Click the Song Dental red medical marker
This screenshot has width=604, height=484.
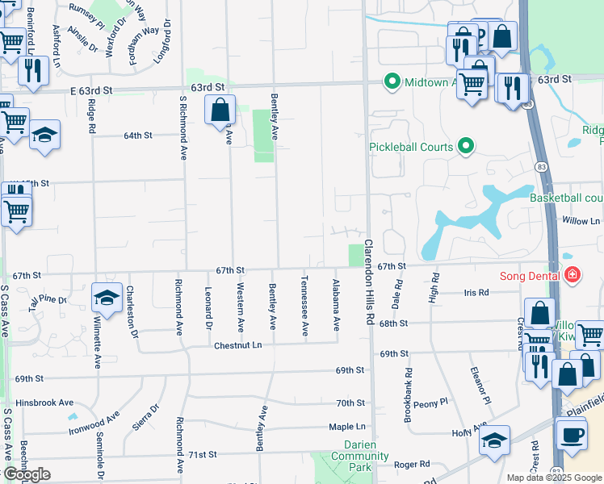tap(573, 275)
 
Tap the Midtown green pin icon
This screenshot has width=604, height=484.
tap(392, 81)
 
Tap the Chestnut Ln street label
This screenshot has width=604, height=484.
tap(238, 345)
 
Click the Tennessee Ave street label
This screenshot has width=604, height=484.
tap(304, 307)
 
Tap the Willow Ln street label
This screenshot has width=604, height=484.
tap(581, 220)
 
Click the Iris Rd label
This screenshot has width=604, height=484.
tap(476, 293)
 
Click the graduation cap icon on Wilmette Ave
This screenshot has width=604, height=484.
tap(107, 298)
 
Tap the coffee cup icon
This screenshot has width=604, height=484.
tap(573, 434)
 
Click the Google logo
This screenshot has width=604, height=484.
tap(26, 474)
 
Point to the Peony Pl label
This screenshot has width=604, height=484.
tap(431, 403)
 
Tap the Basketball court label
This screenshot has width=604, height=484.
tap(566, 198)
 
